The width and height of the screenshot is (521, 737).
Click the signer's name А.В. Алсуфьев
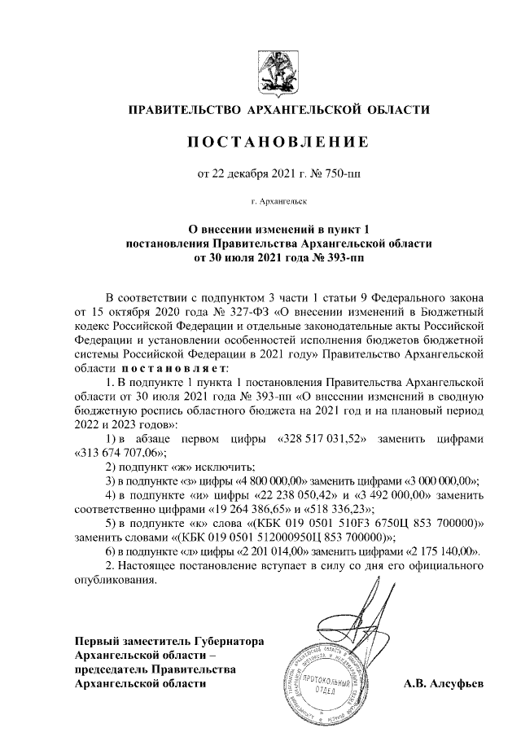click(443, 685)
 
